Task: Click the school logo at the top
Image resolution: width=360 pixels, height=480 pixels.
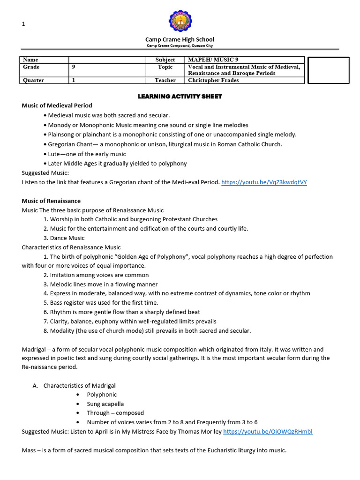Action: (x=180, y=21)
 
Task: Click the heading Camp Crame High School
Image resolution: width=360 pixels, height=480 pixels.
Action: (x=180, y=39)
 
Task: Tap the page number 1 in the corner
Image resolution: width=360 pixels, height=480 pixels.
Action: (x=23, y=24)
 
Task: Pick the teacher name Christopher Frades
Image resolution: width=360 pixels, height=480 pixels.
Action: (x=213, y=80)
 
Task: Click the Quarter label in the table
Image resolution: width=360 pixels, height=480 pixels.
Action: (x=33, y=80)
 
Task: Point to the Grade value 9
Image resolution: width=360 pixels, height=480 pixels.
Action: (x=74, y=67)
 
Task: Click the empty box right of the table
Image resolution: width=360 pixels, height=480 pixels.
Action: (x=328, y=70)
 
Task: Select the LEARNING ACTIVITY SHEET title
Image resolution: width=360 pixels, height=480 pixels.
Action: (x=180, y=97)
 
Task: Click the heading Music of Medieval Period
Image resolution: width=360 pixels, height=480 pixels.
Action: (x=57, y=105)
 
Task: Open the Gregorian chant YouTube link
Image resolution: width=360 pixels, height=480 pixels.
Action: (x=264, y=182)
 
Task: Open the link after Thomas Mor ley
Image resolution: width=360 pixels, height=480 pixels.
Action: (x=268, y=431)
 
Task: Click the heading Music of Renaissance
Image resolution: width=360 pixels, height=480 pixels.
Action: (x=51, y=201)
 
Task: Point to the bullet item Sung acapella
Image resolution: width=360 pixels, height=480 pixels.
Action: (x=105, y=404)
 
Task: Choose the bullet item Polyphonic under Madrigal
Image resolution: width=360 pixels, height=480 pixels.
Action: (x=102, y=395)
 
